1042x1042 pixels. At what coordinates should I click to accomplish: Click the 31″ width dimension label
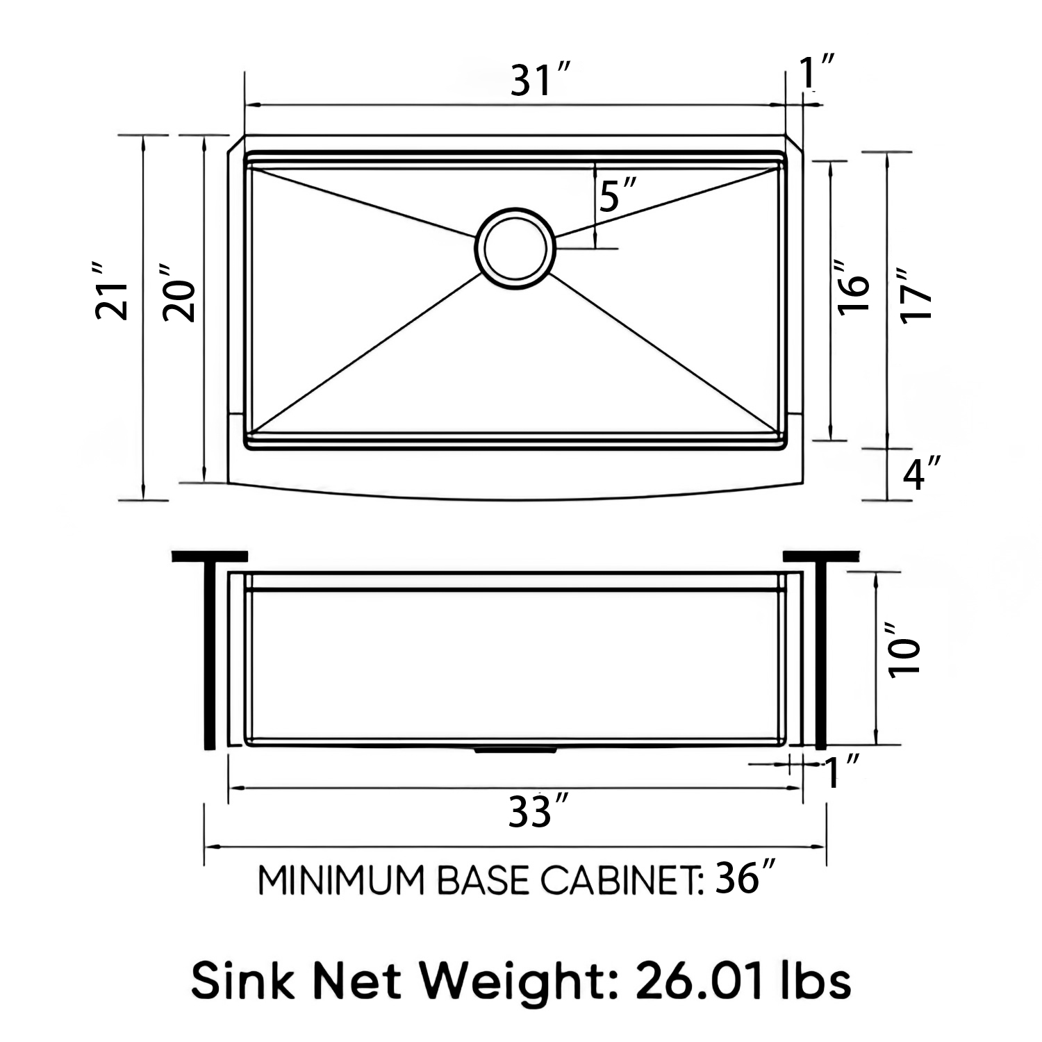coord(540,81)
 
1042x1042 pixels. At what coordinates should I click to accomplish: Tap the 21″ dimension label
coord(113,292)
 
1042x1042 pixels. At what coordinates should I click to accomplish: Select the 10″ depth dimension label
coord(905,650)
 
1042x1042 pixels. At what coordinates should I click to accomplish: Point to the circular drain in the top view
coord(515,248)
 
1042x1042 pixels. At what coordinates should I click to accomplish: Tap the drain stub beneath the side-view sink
coord(515,751)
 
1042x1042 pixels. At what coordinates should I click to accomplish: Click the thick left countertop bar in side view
coord(209,556)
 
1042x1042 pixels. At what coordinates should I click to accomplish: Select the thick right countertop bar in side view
coord(821,556)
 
